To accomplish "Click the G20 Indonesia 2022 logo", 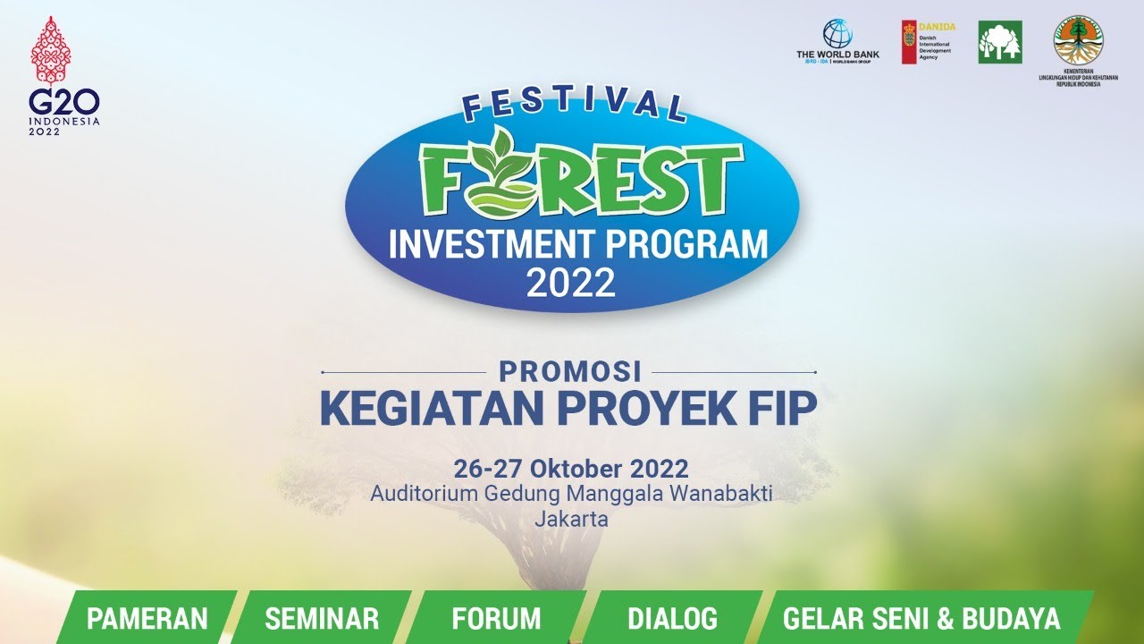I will pyautogui.click(x=64, y=78).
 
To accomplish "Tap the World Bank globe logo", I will pyautogui.click(x=837, y=34).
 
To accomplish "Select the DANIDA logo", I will pyautogui.click(x=928, y=42).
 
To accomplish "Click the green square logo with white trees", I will pyautogui.click(x=1000, y=42).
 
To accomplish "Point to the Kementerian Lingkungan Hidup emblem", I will pyautogui.click(x=1078, y=39).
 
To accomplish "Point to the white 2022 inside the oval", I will pyautogui.click(x=571, y=284).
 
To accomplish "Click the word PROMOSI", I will pyautogui.click(x=570, y=370).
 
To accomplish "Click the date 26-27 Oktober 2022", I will pyautogui.click(x=571, y=469).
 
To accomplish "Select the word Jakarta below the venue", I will pyautogui.click(x=571, y=518).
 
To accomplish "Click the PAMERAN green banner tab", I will pyautogui.click(x=147, y=618).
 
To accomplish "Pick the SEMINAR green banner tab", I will pyautogui.click(x=322, y=618).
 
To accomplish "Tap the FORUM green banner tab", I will pyautogui.click(x=496, y=618).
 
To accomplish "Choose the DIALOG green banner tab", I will pyautogui.click(x=672, y=618).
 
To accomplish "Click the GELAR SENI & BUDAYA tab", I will pyautogui.click(x=921, y=618).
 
